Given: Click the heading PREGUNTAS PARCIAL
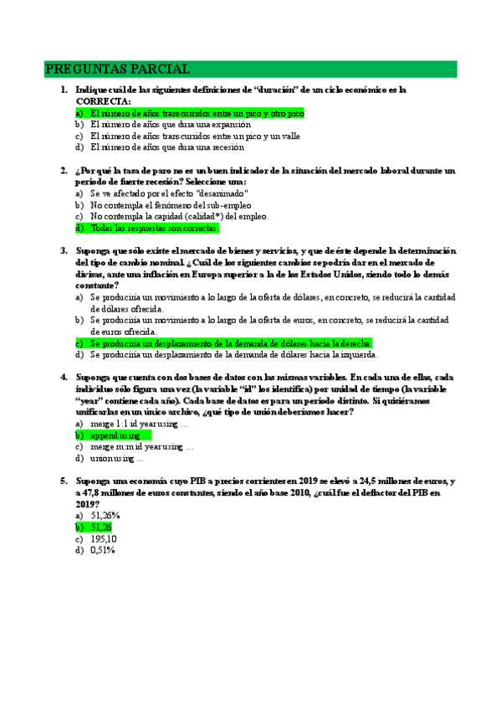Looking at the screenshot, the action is click(116, 69).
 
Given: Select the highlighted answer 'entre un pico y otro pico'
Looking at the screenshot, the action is click(197, 112).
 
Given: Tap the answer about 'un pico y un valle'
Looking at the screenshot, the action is click(195, 136).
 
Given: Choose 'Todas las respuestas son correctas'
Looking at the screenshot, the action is click(154, 228).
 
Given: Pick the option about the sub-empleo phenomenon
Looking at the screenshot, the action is click(171, 204).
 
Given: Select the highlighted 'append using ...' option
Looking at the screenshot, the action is click(120, 436).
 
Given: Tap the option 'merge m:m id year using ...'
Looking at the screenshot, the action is click(141, 447).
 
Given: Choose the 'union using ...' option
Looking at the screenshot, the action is click(116, 459).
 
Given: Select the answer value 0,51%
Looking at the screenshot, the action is click(102, 550).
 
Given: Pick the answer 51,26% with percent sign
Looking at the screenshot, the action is click(105, 516).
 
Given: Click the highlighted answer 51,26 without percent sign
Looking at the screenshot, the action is click(101, 527).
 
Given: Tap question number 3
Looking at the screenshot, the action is click(64, 250).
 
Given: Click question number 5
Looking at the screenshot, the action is click(64, 481).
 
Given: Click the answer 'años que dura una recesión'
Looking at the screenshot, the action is click(166, 147).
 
